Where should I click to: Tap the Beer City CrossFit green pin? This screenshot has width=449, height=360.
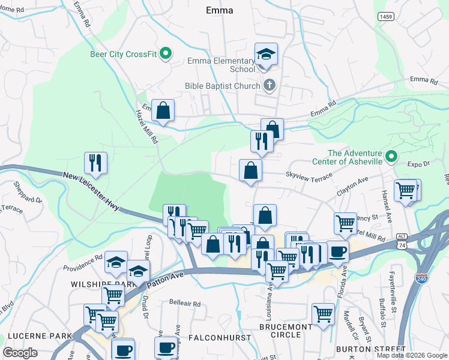[169, 54]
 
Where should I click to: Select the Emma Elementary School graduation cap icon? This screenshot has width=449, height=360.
[266, 55]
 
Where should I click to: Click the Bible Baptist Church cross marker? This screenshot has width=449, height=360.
[270, 85]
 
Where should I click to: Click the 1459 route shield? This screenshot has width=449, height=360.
[386, 17]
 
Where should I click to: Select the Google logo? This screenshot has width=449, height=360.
[20, 353]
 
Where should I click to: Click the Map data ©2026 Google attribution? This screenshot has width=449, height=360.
[412, 355]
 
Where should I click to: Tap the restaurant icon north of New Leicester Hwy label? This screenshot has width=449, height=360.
[95, 163]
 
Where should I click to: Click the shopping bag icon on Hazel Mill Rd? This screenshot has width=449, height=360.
[163, 110]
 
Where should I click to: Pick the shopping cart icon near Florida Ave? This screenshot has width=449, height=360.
[323, 314]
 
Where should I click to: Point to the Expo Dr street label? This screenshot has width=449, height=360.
[418, 163]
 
